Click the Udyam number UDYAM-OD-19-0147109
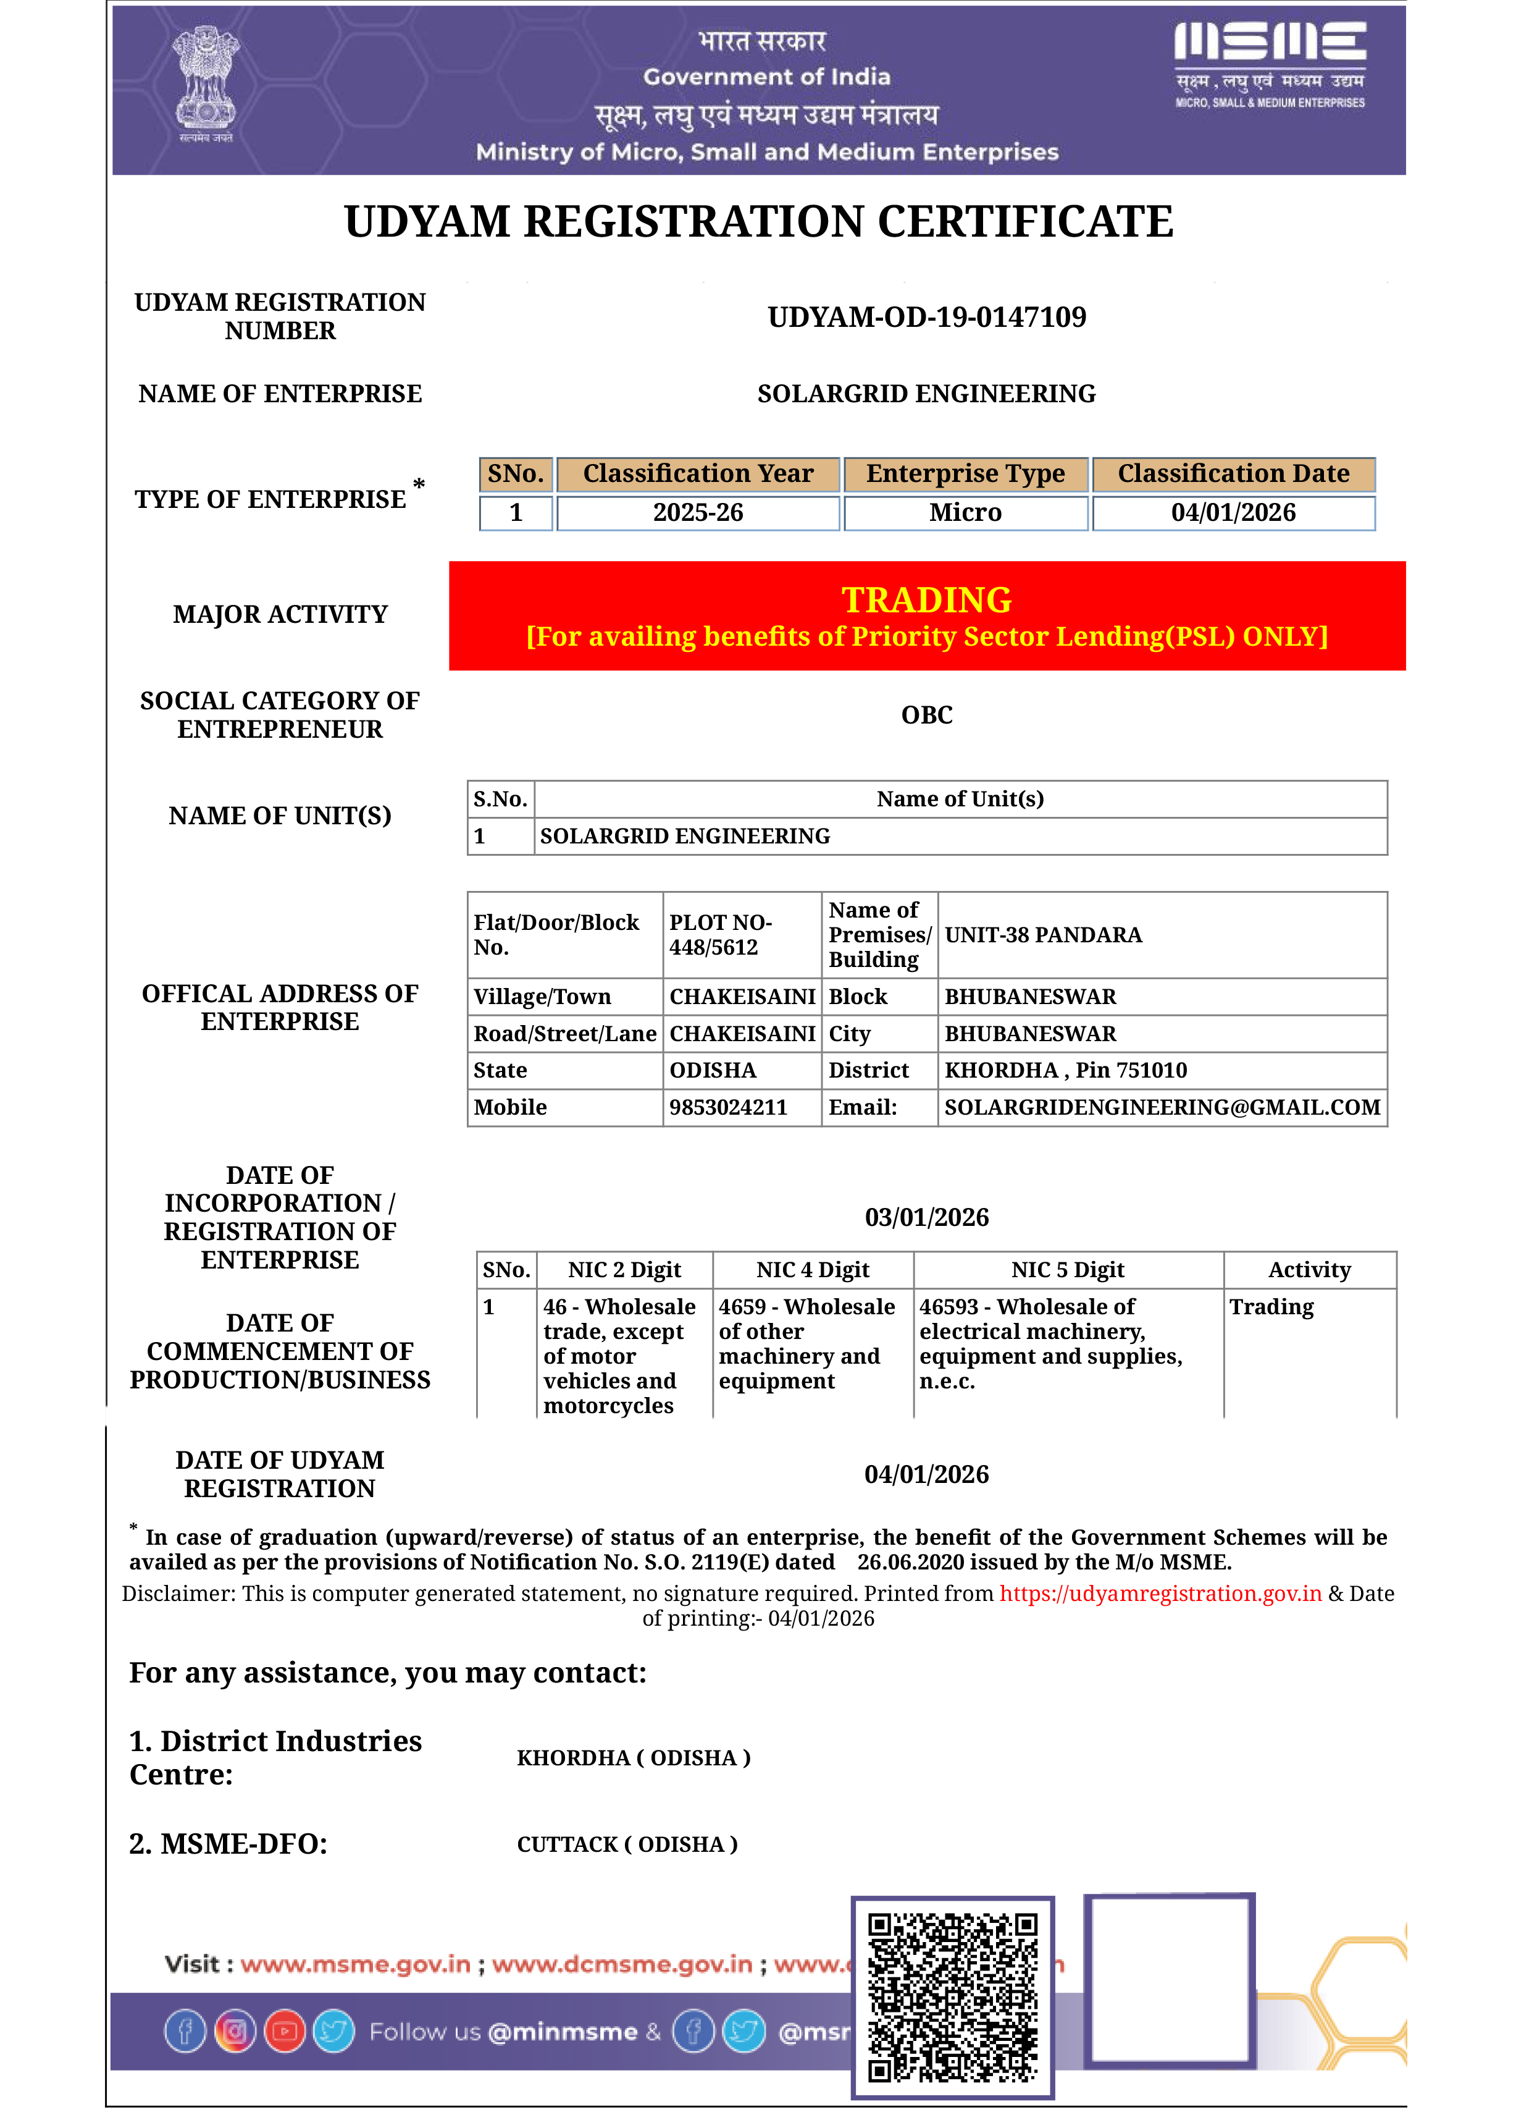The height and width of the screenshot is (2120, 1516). pyautogui.click(x=926, y=318)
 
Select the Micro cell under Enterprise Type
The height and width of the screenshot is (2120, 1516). pyautogui.click(x=965, y=513)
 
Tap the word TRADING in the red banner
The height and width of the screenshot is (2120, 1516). pyautogui.click(x=926, y=599)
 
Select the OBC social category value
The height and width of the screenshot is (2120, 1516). pyautogui.click(x=926, y=716)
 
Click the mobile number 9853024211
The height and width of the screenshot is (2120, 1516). pyautogui.click(x=728, y=1108)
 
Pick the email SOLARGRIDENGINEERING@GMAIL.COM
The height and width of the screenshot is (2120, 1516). pyautogui.click(x=1162, y=1108)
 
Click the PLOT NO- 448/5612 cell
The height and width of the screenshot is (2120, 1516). pyautogui.click(x=720, y=935)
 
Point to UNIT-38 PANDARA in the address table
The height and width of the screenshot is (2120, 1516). pyautogui.click(x=1043, y=935)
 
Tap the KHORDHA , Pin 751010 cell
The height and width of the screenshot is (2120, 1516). pyautogui.click(x=1065, y=1070)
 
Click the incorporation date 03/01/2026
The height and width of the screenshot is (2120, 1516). pyautogui.click(x=926, y=1218)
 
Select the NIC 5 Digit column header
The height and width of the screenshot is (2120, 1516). pyautogui.click(x=1067, y=1270)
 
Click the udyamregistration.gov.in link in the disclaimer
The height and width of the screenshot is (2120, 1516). pyautogui.click(x=1160, y=1594)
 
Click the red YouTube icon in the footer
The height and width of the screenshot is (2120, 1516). pyautogui.click(x=285, y=2031)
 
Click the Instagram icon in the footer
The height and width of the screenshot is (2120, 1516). pyautogui.click(x=235, y=2031)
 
